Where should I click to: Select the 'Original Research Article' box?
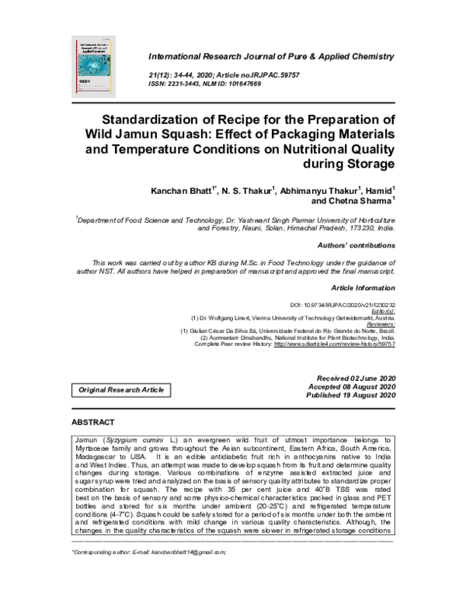pyautogui.click(x=120, y=389)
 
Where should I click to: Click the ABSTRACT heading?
pyautogui.click(x=92, y=424)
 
